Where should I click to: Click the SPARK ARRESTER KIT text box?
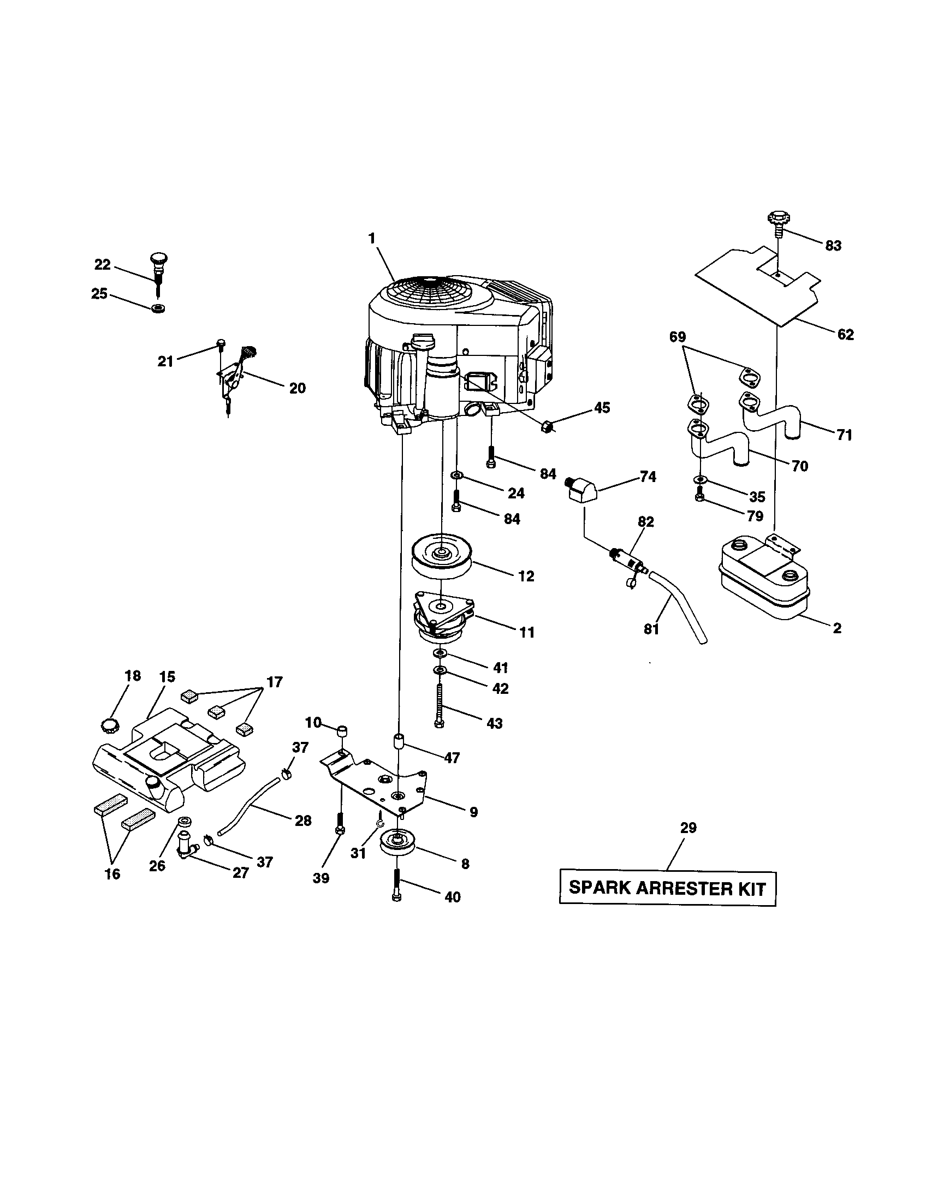pyautogui.click(x=667, y=888)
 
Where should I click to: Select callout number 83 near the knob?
pyautogui.click(x=833, y=246)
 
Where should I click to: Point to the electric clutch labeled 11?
pyautogui.click(x=443, y=617)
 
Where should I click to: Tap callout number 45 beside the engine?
pyautogui.click(x=602, y=407)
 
